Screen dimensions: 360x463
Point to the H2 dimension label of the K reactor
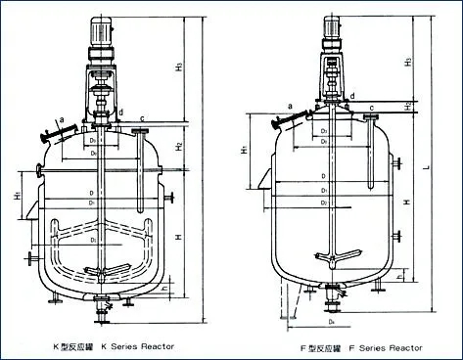pyautogui.click(x=178, y=146)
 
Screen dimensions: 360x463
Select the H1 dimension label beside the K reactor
pyautogui.click(x=19, y=197)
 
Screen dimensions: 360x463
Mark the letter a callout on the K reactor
pyautogui.click(x=61, y=116)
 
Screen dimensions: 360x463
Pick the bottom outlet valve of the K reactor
pyautogui.click(x=101, y=312)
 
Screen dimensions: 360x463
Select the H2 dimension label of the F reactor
pyautogui.click(x=406, y=104)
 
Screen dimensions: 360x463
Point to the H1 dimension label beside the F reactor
pyautogui.click(x=243, y=154)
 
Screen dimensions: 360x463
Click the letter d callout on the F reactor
pyautogui.click(x=352, y=95)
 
